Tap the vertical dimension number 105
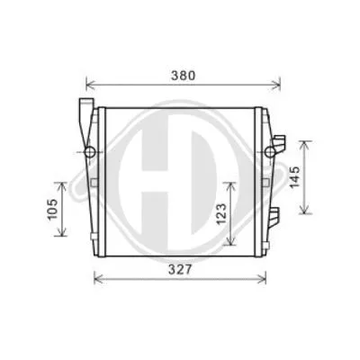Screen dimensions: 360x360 click(x=52, y=210)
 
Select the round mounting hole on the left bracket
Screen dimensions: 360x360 click(x=90, y=148)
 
